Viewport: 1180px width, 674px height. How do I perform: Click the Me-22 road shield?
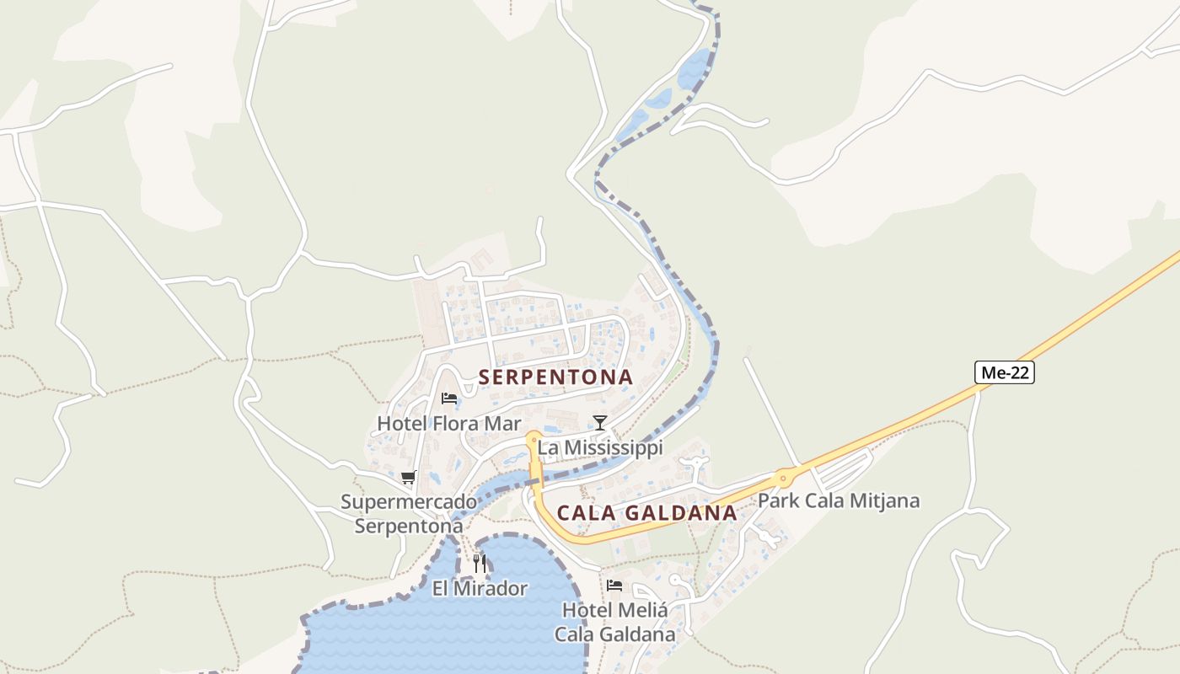[x=1004, y=372]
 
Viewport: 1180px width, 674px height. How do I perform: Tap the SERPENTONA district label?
[x=555, y=377]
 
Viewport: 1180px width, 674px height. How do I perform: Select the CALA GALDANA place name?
[x=646, y=513]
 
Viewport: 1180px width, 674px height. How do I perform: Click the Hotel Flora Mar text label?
[x=448, y=424]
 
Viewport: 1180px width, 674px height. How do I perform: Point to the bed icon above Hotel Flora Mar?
[x=449, y=399]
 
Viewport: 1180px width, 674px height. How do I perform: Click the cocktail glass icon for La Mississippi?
[x=599, y=422]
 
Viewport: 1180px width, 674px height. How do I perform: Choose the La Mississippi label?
[x=600, y=447]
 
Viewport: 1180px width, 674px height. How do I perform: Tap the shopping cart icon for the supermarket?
[x=409, y=478]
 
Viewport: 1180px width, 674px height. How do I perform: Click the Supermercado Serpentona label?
[x=409, y=514]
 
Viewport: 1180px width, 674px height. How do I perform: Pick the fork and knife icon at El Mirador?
[x=480, y=563]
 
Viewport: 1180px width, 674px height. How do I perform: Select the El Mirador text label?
[x=480, y=588]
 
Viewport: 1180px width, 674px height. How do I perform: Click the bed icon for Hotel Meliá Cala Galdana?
[x=614, y=585]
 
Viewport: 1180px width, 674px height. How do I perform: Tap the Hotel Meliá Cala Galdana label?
[x=614, y=621]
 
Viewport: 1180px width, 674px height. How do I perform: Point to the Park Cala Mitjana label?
[x=838, y=500]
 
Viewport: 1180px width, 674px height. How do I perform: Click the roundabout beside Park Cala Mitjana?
[x=785, y=478]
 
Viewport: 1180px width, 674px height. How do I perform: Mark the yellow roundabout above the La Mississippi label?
[x=533, y=437]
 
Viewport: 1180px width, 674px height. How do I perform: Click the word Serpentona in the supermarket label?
[x=409, y=526]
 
